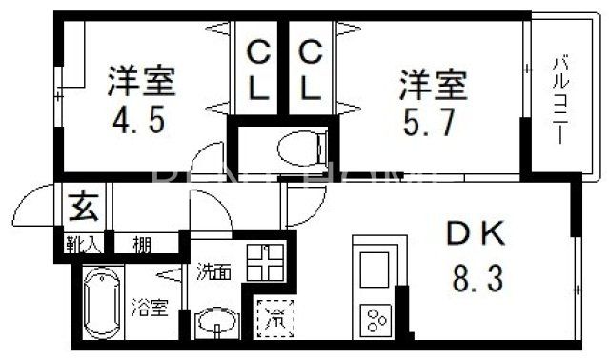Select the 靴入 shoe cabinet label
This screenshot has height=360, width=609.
[83, 245]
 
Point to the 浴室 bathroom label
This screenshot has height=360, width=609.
[151, 308]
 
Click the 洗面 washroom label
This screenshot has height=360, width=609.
[213, 270]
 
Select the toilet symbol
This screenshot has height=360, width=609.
[300, 148]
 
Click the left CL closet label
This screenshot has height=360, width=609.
[257, 71]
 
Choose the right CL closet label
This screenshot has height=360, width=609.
[309, 71]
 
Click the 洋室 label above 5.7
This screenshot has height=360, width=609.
[432, 84]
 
